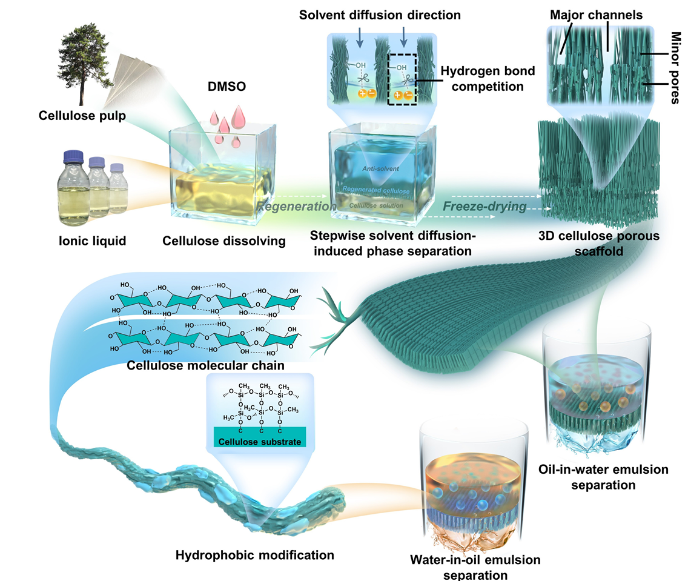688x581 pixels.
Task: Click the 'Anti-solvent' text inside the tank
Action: click(382, 168)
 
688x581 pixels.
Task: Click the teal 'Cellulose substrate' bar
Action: click(260, 441)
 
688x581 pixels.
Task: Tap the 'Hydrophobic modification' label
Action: click(255, 554)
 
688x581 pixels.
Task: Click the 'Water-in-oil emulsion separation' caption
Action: click(474, 566)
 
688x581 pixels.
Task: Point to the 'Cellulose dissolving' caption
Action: click(224, 241)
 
